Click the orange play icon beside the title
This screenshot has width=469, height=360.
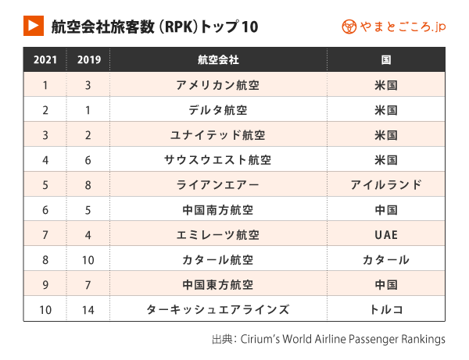[x=34, y=26]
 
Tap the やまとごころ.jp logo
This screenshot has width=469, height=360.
[x=394, y=27]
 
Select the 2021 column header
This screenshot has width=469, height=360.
[x=45, y=60]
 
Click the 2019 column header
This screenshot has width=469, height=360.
[x=89, y=60]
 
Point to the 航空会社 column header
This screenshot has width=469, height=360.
[x=218, y=60]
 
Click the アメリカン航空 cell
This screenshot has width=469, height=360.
[x=218, y=85]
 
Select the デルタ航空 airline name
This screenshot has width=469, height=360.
[x=218, y=110]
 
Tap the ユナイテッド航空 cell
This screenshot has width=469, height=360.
[x=218, y=135]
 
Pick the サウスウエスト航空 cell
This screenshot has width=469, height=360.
[x=218, y=160]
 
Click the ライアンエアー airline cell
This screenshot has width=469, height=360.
[x=218, y=185]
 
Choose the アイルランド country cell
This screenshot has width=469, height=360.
[x=386, y=185]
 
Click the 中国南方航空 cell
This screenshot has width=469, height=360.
[x=218, y=210]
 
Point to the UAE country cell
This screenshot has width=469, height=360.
[x=386, y=235]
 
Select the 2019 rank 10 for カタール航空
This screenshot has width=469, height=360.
[x=88, y=260]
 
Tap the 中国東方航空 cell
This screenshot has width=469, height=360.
[x=218, y=285]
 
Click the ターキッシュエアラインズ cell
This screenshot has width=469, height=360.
[x=218, y=309]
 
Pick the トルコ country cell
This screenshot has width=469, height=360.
[x=386, y=309]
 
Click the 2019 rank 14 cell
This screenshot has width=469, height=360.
[x=88, y=310]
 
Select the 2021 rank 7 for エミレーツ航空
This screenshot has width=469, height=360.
[x=45, y=235]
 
